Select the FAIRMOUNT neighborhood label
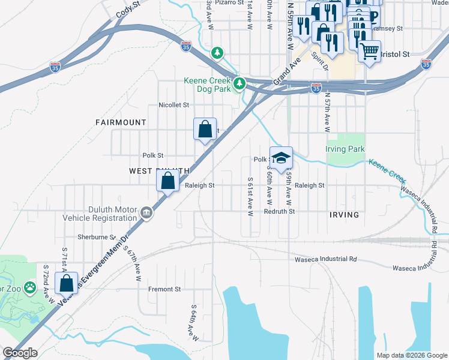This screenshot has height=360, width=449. (x=121, y=122)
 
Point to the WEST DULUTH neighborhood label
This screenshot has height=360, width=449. (x=160, y=171)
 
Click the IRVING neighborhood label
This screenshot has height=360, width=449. (x=344, y=215)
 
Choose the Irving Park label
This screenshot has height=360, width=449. (x=345, y=149)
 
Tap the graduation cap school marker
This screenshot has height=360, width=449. (x=280, y=158)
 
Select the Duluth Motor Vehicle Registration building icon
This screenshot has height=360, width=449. (x=146, y=212)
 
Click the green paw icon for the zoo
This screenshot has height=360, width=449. (x=28, y=287)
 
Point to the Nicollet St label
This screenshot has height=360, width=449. (x=173, y=105)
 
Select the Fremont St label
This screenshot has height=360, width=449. (x=164, y=289)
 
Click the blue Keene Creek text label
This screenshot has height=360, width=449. (x=387, y=171)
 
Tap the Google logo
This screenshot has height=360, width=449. (x=20, y=353)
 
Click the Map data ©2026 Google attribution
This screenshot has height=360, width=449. (x=411, y=355)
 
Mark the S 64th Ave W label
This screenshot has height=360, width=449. (x=190, y=320)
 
